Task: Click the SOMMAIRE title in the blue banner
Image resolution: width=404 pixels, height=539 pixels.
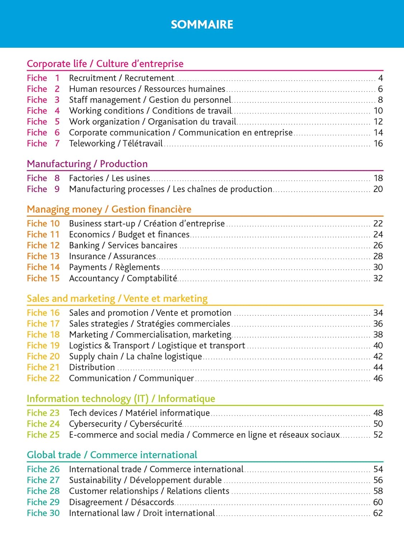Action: [202, 24]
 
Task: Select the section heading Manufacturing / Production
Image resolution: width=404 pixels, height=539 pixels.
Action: [87, 164]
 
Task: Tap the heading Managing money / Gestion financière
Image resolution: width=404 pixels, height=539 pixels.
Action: [109, 209]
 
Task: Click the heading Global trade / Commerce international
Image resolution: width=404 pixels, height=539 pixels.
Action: [112, 455]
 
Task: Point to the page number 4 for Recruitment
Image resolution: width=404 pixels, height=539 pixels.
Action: [380, 78]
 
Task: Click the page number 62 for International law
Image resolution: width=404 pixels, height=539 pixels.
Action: [378, 513]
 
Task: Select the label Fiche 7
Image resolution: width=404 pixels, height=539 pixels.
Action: [43, 143]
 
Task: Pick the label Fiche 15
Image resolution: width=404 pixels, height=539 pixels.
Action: [43, 278]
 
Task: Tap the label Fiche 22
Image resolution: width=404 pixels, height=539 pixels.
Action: [43, 378]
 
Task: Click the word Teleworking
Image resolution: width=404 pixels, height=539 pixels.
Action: [92, 143]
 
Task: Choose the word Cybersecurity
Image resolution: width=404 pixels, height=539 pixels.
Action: [95, 424]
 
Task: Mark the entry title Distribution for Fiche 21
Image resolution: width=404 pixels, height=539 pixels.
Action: [92, 367]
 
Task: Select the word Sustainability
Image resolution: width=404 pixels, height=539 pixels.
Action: [95, 480]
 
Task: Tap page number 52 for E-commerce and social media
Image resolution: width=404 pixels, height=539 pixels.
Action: [378, 435]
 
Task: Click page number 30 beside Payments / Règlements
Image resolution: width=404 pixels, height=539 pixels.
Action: [378, 267]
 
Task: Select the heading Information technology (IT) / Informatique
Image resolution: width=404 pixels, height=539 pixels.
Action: [121, 399]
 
